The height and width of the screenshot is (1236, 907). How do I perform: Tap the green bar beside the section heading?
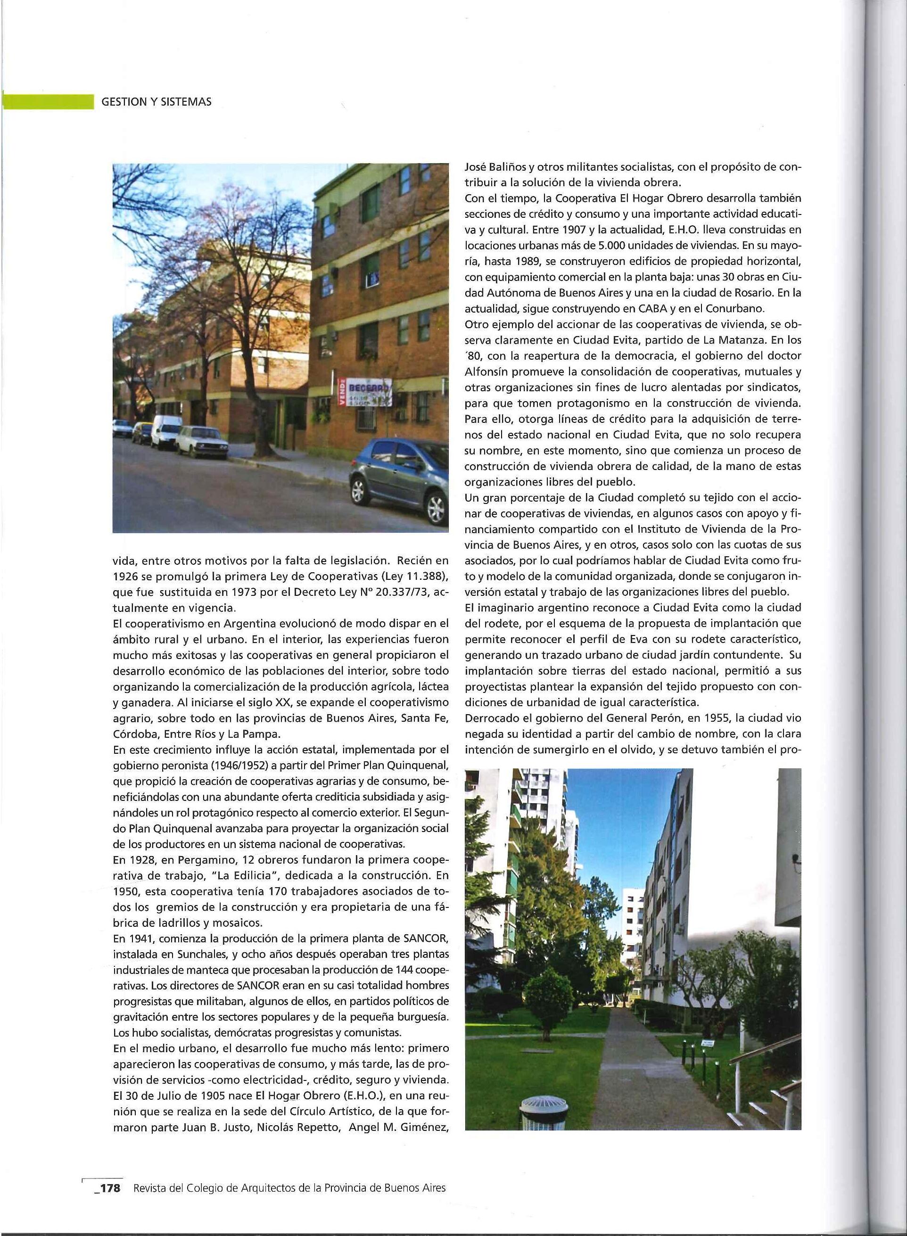pyautogui.click(x=48, y=101)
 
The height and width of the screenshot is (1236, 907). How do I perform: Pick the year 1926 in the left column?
pyautogui.click(x=124, y=577)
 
